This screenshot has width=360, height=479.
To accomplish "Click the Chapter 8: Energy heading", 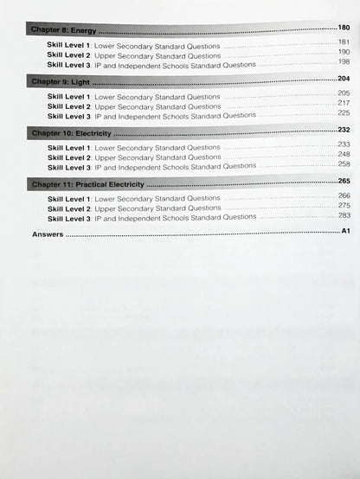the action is (59, 31).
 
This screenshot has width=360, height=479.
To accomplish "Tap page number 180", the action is (344, 29).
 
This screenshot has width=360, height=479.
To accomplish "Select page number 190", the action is (344, 52).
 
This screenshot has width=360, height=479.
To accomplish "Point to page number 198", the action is (344, 62).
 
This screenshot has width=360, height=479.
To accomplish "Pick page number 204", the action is (344, 80).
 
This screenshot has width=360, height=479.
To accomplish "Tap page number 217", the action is (344, 104).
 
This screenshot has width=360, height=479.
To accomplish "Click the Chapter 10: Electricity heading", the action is (69, 134).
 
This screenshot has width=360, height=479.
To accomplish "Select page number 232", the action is (344, 131).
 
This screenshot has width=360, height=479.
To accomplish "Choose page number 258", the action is (344, 164).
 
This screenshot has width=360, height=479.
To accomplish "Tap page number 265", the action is (344, 182).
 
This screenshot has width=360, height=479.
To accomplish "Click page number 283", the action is (344, 216).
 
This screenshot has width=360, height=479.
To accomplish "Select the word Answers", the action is (48, 234).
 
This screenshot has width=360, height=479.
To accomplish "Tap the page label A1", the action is (344, 232).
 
